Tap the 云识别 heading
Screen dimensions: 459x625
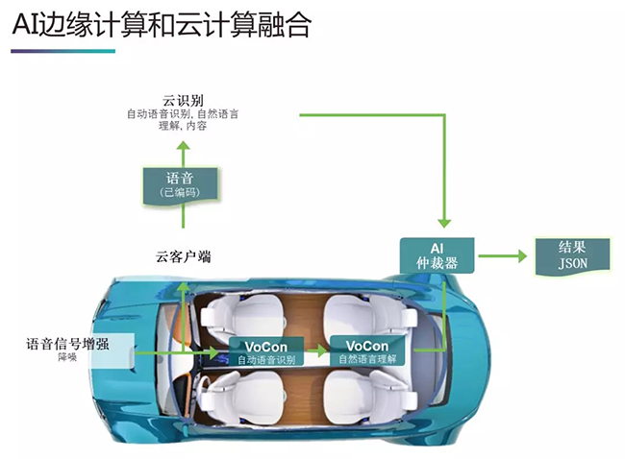pos(183,98)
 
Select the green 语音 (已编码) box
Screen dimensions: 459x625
pos(180,183)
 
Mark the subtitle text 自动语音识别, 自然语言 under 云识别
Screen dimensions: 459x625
pos(183,114)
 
